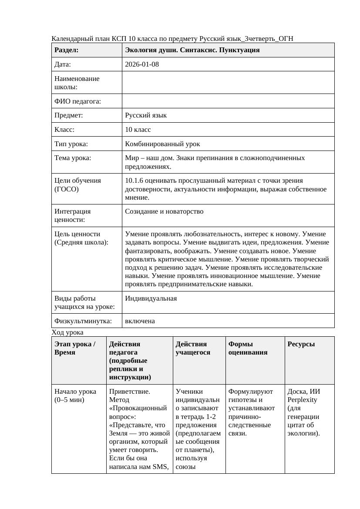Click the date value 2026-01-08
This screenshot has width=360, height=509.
pyautogui.click(x=142, y=64)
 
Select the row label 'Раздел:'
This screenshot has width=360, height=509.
pyautogui.click(x=67, y=50)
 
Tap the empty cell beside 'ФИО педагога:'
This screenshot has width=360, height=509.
pyautogui.click(x=228, y=101)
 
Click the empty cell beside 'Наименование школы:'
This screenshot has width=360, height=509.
pyautogui.click(x=228, y=83)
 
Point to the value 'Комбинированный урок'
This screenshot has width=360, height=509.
pyautogui.click(x=162, y=144)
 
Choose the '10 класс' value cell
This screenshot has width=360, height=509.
pyautogui.click(x=138, y=130)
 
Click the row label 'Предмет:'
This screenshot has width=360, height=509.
pyautogui.click(x=69, y=115)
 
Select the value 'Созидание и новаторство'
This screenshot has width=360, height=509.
pyautogui.click(x=164, y=211)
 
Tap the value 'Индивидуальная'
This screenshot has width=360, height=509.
pyautogui.click(x=151, y=298)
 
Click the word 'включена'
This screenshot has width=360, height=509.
pyautogui.click(x=140, y=321)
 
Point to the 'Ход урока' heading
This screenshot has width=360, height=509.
pyautogui.click(x=67, y=332)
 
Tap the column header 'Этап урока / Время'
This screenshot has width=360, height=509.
pyautogui.click(x=75, y=348)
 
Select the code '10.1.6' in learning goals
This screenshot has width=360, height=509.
pyautogui.click(x=134, y=181)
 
